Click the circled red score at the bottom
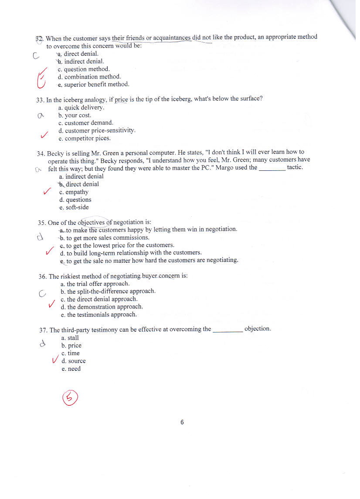[71, 397]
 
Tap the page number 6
[182, 422]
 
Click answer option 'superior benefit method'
[96, 85]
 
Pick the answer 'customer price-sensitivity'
[100, 130]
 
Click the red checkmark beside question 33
[44, 136]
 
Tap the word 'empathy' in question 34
[77, 192]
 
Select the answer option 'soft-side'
[77, 207]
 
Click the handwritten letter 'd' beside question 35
[40, 238]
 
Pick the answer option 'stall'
[73, 338]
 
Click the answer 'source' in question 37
[77, 361]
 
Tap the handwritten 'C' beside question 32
[36, 55]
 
